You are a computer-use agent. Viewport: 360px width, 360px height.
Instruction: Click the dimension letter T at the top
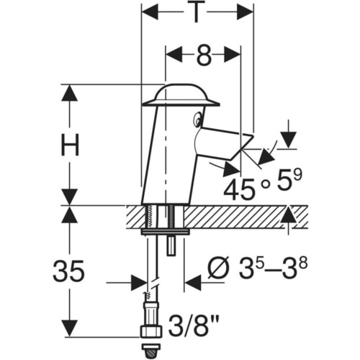(196, 12)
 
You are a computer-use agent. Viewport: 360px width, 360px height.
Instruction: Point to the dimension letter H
(70, 145)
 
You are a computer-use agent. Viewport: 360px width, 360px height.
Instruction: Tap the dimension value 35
(69, 270)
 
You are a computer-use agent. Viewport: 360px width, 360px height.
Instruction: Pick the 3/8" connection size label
(194, 325)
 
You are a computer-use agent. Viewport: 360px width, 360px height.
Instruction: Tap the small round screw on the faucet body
(198, 119)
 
